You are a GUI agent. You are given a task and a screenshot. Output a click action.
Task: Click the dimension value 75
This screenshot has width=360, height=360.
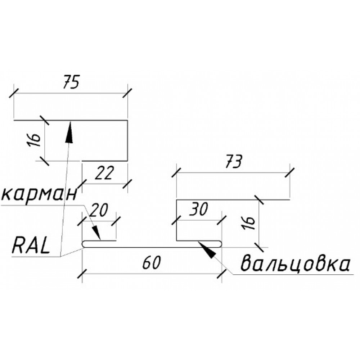(x=71, y=81)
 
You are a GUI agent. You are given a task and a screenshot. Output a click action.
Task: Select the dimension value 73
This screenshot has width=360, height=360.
(x=234, y=162)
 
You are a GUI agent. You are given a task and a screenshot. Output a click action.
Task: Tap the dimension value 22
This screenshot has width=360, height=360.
(x=104, y=173)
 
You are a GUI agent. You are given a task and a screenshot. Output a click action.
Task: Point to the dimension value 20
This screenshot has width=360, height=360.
(x=99, y=210)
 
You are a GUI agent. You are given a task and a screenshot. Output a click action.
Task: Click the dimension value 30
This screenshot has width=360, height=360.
(x=199, y=209)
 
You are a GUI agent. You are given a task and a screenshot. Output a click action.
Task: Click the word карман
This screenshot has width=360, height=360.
(x=39, y=194)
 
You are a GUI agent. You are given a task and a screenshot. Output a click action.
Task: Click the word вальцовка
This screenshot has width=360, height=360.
(x=296, y=263)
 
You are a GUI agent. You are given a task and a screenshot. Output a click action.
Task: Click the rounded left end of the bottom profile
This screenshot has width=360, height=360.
(x=84, y=244)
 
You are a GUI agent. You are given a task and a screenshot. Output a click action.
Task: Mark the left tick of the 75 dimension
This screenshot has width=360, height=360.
(x=14, y=94)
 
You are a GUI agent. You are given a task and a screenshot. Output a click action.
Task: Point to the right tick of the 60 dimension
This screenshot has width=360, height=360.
(x=221, y=274)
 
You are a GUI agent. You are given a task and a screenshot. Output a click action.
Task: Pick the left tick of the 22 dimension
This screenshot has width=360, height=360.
(x=82, y=184)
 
